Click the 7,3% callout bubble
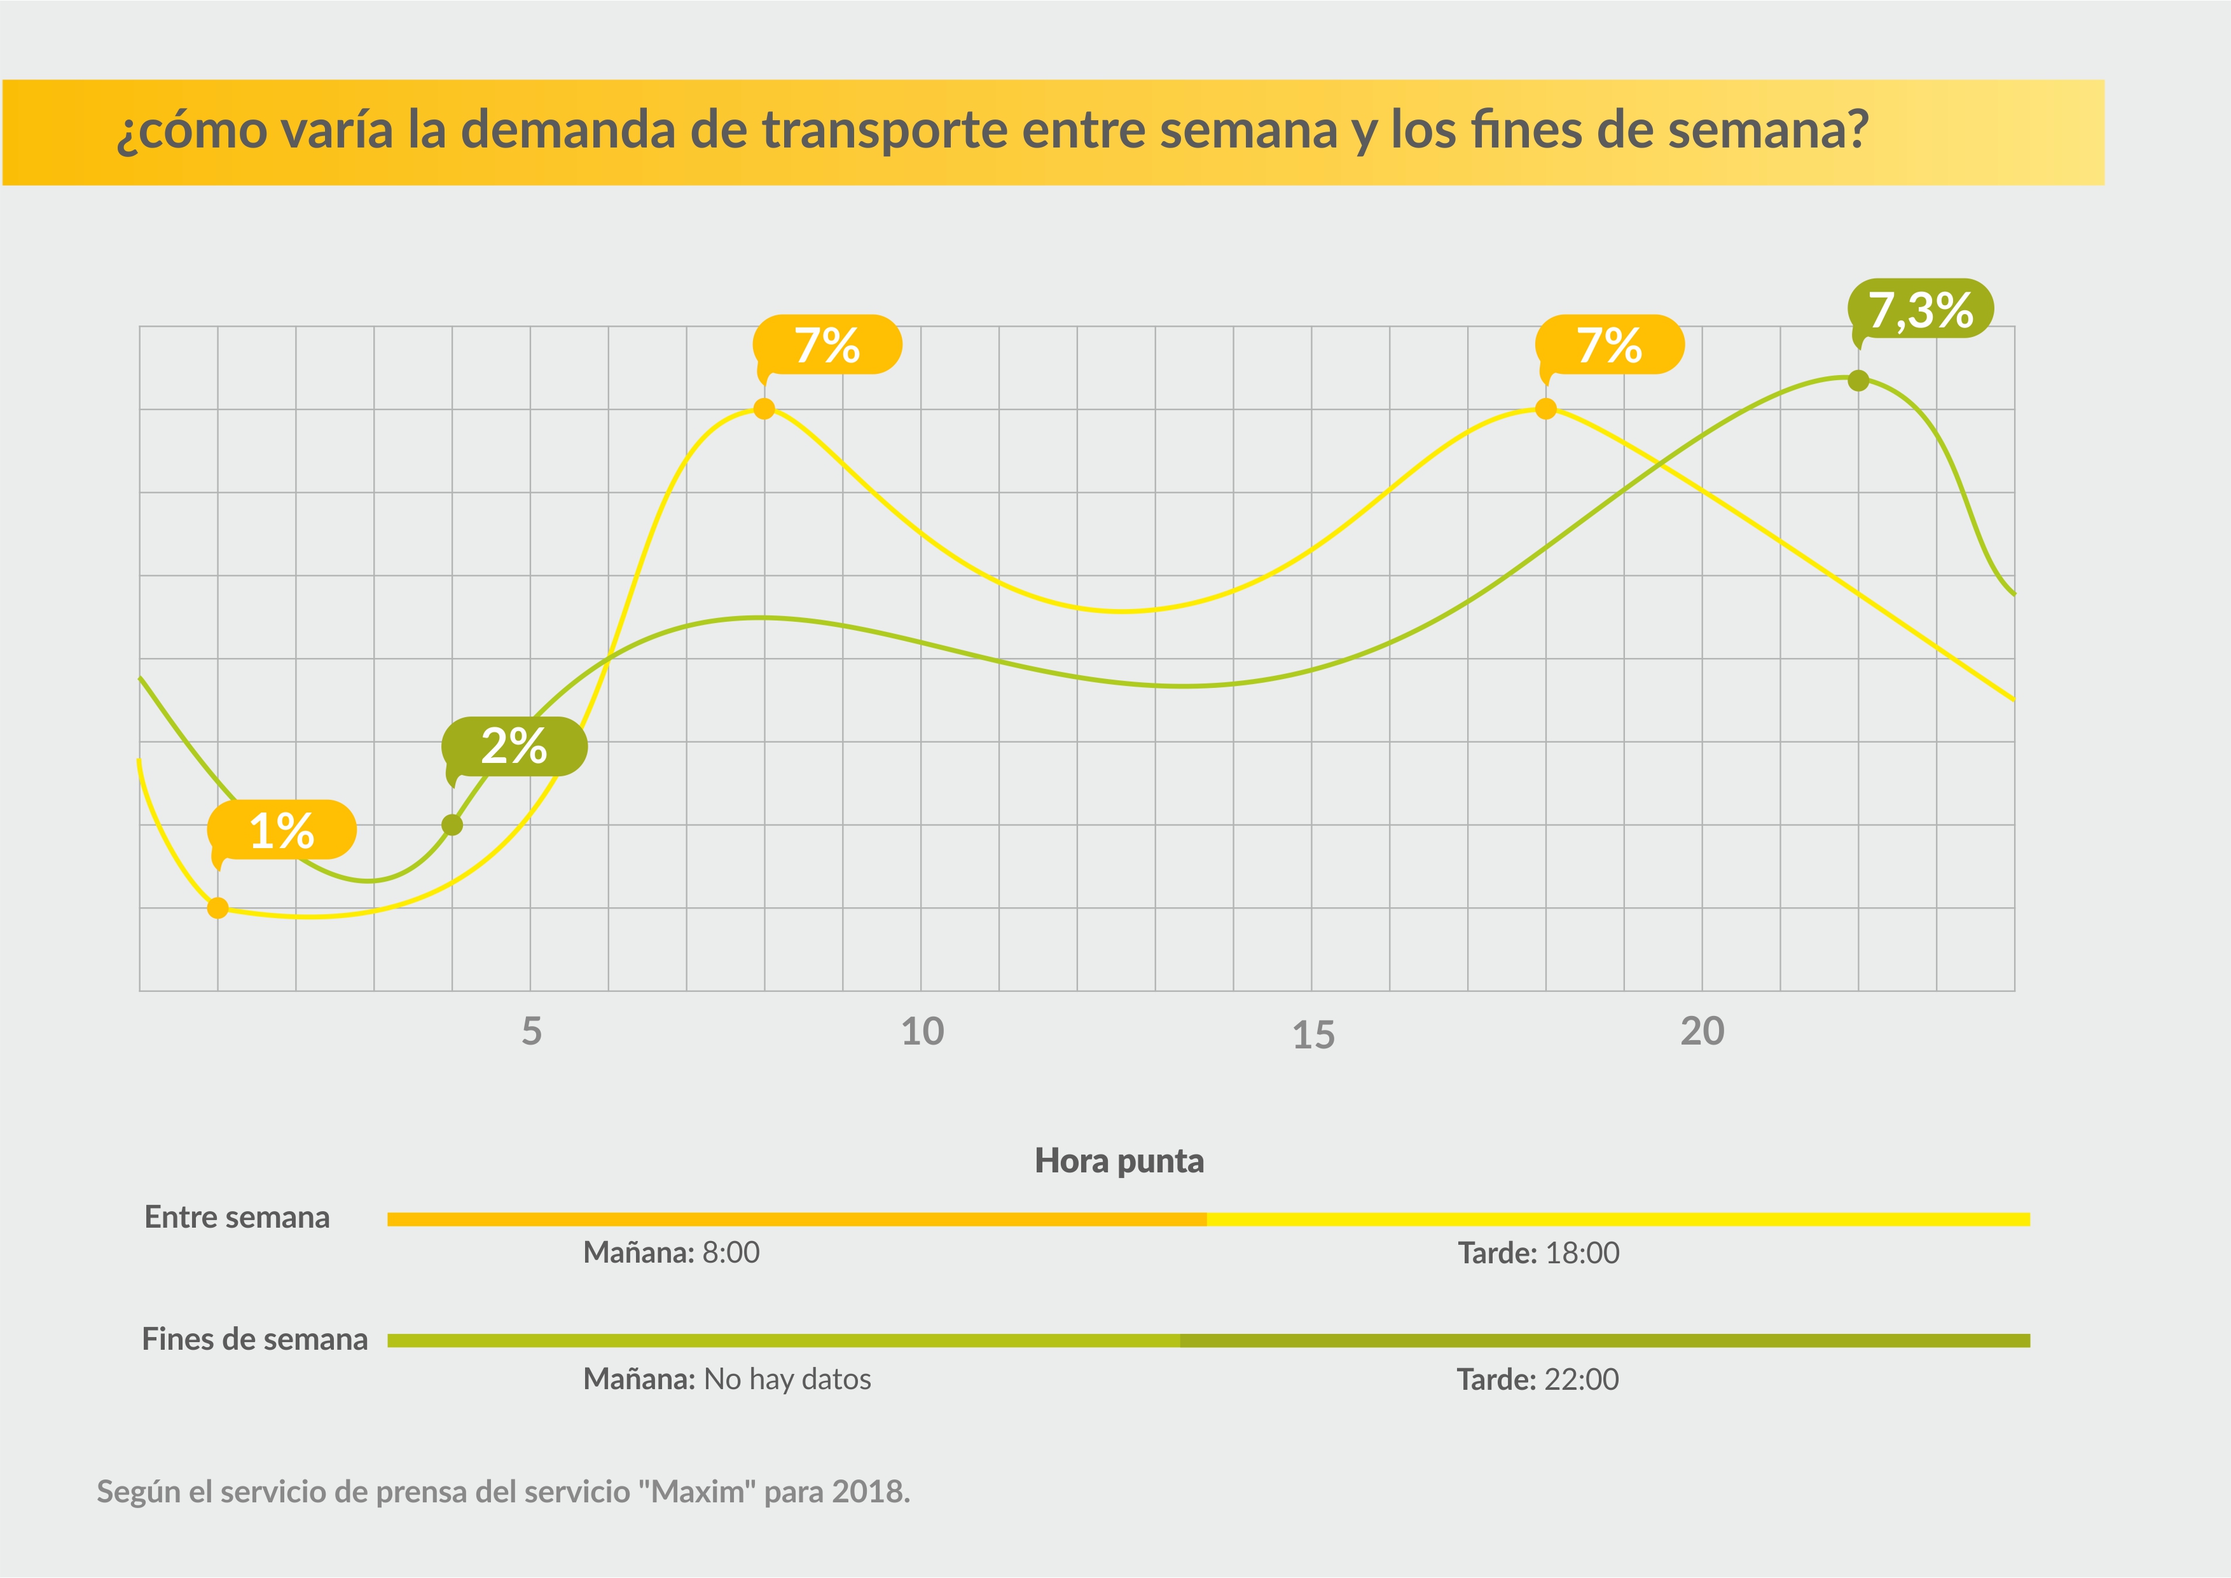(x=1920, y=309)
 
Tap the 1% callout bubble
(x=282, y=830)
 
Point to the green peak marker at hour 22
(x=1858, y=380)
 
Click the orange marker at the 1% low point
(x=218, y=907)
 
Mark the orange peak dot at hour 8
(x=764, y=409)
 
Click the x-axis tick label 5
(x=532, y=1031)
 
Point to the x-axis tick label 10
(x=922, y=1032)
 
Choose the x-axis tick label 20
(x=1703, y=1031)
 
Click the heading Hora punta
(x=1119, y=1160)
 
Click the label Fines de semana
(x=254, y=1339)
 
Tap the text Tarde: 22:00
(x=1537, y=1379)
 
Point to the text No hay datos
(x=787, y=1379)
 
